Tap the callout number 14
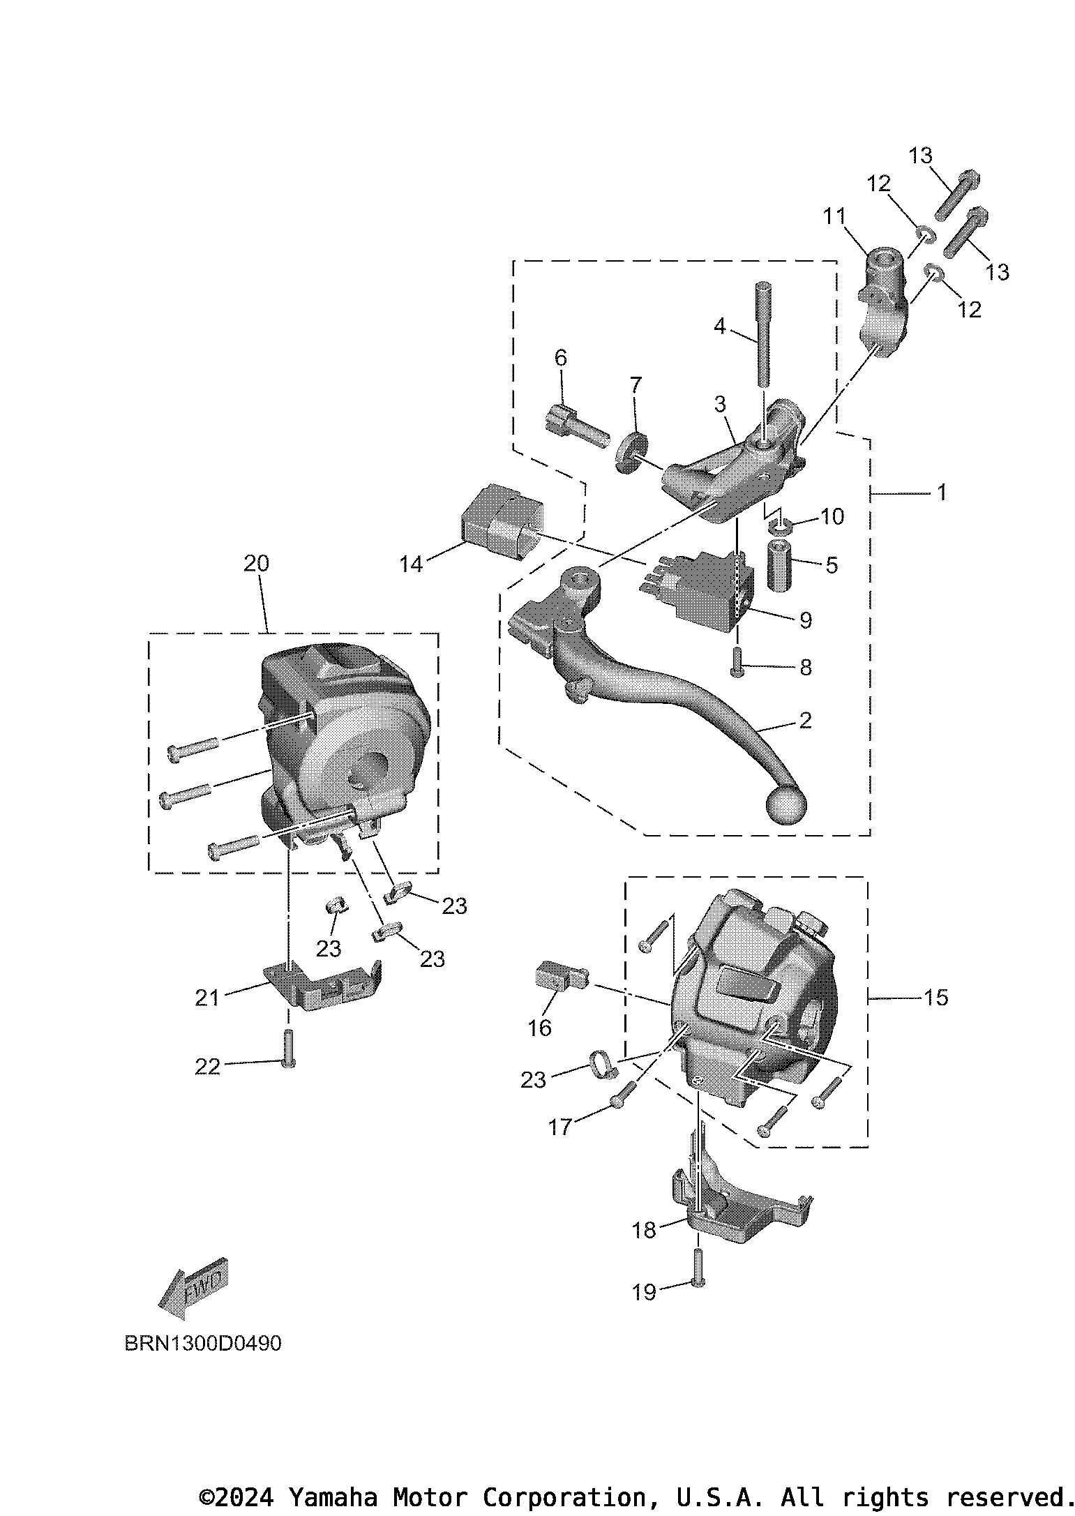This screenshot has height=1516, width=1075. [x=411, y=564]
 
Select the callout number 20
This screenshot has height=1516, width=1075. [x=256, y=563]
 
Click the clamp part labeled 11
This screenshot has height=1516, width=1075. [x=884, y=303]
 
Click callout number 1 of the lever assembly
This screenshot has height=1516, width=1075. [x=941, y=493]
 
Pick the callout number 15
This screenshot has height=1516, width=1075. [x=935, y=998]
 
